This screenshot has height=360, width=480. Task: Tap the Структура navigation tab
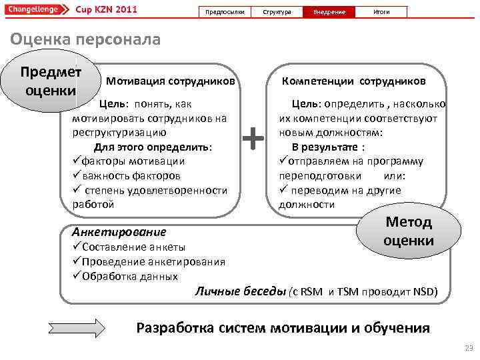click(x=277, y=12)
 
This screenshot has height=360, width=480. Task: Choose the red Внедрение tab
click(x=329, y=12)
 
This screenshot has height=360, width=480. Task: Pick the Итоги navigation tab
click(x=381, y=12)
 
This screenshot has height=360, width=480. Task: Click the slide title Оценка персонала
click(x=85, y=39)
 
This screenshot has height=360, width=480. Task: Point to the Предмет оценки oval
click(x=51, y=81)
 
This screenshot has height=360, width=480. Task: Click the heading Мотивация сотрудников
click(x=170, y=82)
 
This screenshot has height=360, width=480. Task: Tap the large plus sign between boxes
click(x=252, y=139)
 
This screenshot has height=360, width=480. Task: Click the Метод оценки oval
click(x=409, y=231)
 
